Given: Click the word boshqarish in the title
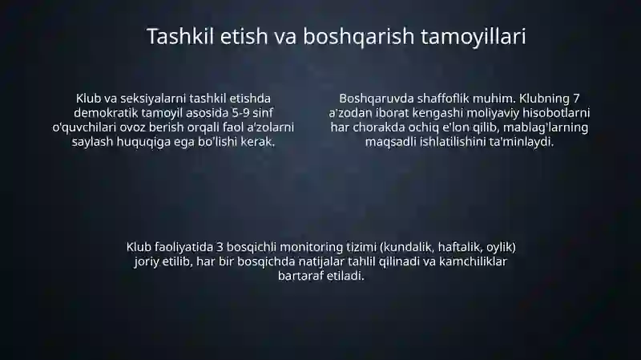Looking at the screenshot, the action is click(x=358, y=37).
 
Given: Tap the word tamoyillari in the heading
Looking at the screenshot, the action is click(x=474, y=37).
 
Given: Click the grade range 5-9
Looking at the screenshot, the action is click(x=240, y=113).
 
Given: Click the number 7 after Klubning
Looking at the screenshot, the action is click(x=576, y=99).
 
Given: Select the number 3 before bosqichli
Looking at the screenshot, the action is click(x=220, y=248).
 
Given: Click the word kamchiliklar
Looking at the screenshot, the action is click(x=473, y=262).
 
